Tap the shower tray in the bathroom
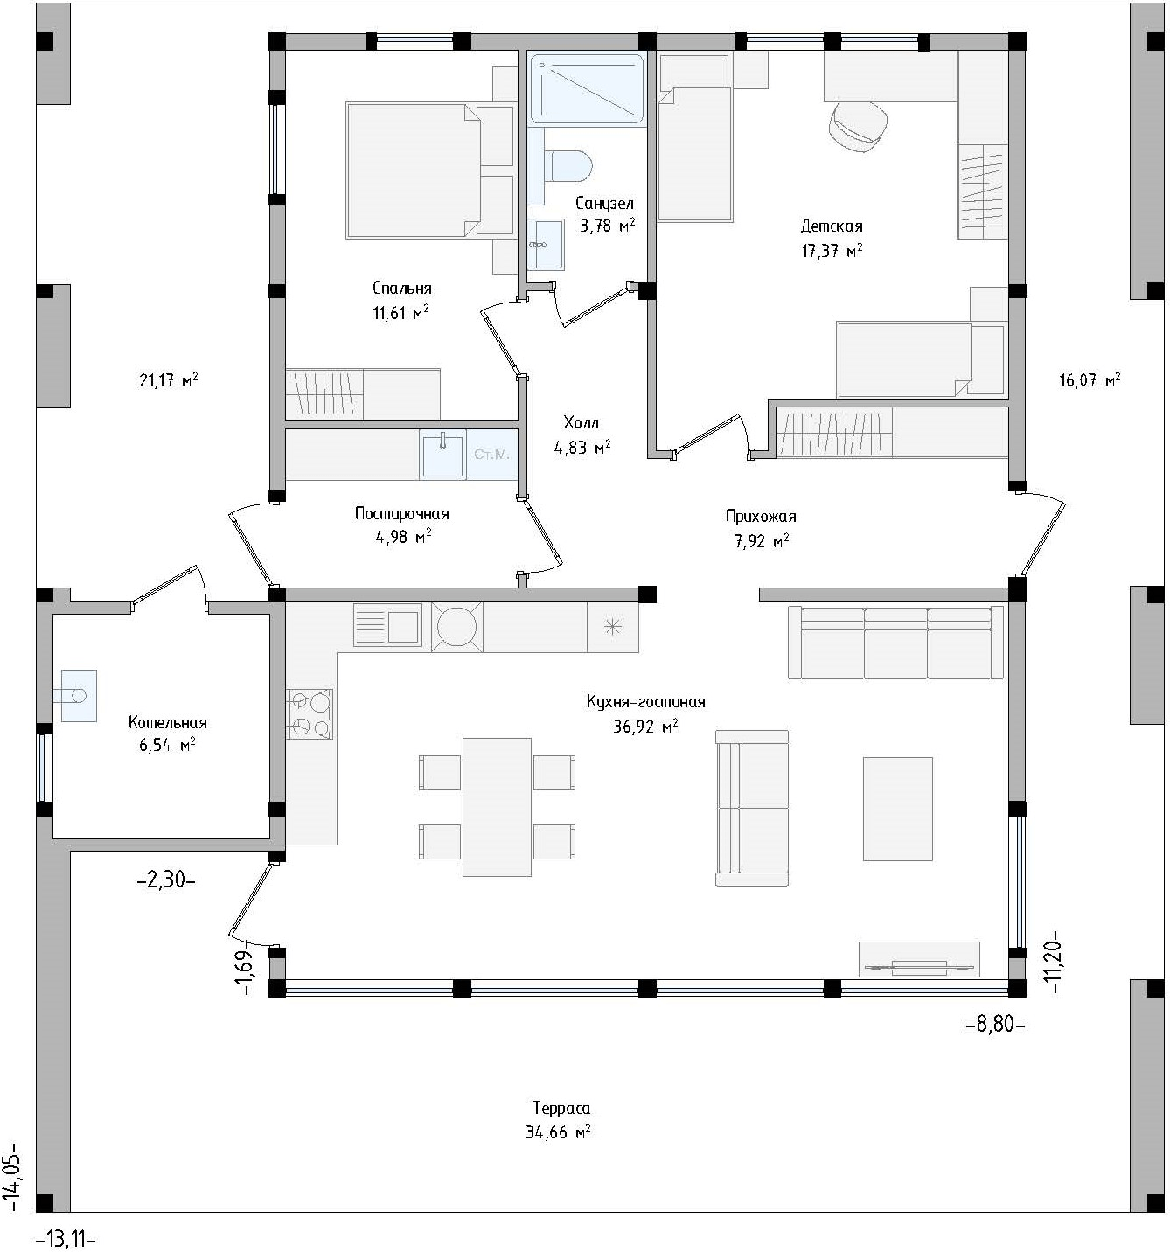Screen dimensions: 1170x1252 (x=586, y=88)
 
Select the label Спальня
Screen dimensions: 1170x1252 (x=401, y=289)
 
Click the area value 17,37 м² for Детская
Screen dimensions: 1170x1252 (x=832, y=250)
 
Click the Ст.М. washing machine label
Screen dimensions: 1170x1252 (x=491, y=454)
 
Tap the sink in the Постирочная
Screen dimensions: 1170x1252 (x=442, y=453)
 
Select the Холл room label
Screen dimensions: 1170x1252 (x=581, y=422)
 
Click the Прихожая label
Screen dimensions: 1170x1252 (x=761, y=517)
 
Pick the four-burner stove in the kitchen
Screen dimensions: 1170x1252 (x=310, y=713)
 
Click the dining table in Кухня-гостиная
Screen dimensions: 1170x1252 (x=497, y=808)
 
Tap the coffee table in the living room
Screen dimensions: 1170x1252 (x=897, y=809)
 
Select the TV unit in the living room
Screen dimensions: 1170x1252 (x=919, y=959)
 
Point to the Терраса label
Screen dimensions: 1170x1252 (x=561, y=1108)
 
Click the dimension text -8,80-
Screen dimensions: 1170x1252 (x=994, y=1025)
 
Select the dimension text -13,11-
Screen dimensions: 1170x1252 (x=66, y=1239)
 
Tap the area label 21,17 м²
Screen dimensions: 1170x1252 (x=169, y=380)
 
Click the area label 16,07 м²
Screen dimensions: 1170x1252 (x=1090, y=380)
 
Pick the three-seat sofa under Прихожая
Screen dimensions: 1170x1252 (x=895, y=643)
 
